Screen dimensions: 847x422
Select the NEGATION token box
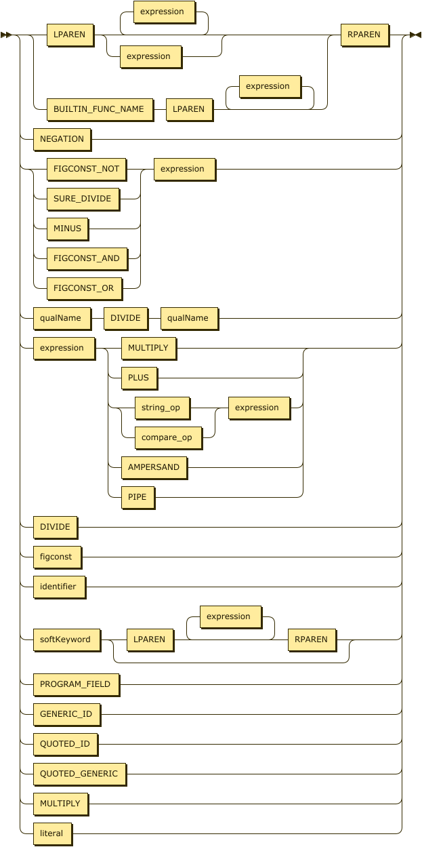[62, 139]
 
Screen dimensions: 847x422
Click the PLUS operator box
[139, 378]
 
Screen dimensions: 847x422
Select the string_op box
[161, 408]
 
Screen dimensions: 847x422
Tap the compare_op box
[167, 437]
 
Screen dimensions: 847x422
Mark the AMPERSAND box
[153, 467]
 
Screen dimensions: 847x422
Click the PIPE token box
[137, 497]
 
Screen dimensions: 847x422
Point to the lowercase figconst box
[57, 557]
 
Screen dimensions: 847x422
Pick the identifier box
[59, 587]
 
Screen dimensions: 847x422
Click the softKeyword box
[65, 639]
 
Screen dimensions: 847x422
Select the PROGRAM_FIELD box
[75, 684]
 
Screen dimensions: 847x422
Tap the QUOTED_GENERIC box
[79, 774]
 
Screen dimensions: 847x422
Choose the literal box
[51, 833]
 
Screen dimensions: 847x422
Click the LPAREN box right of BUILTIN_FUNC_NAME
[189, 109]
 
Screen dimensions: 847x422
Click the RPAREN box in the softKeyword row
[311, 639]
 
